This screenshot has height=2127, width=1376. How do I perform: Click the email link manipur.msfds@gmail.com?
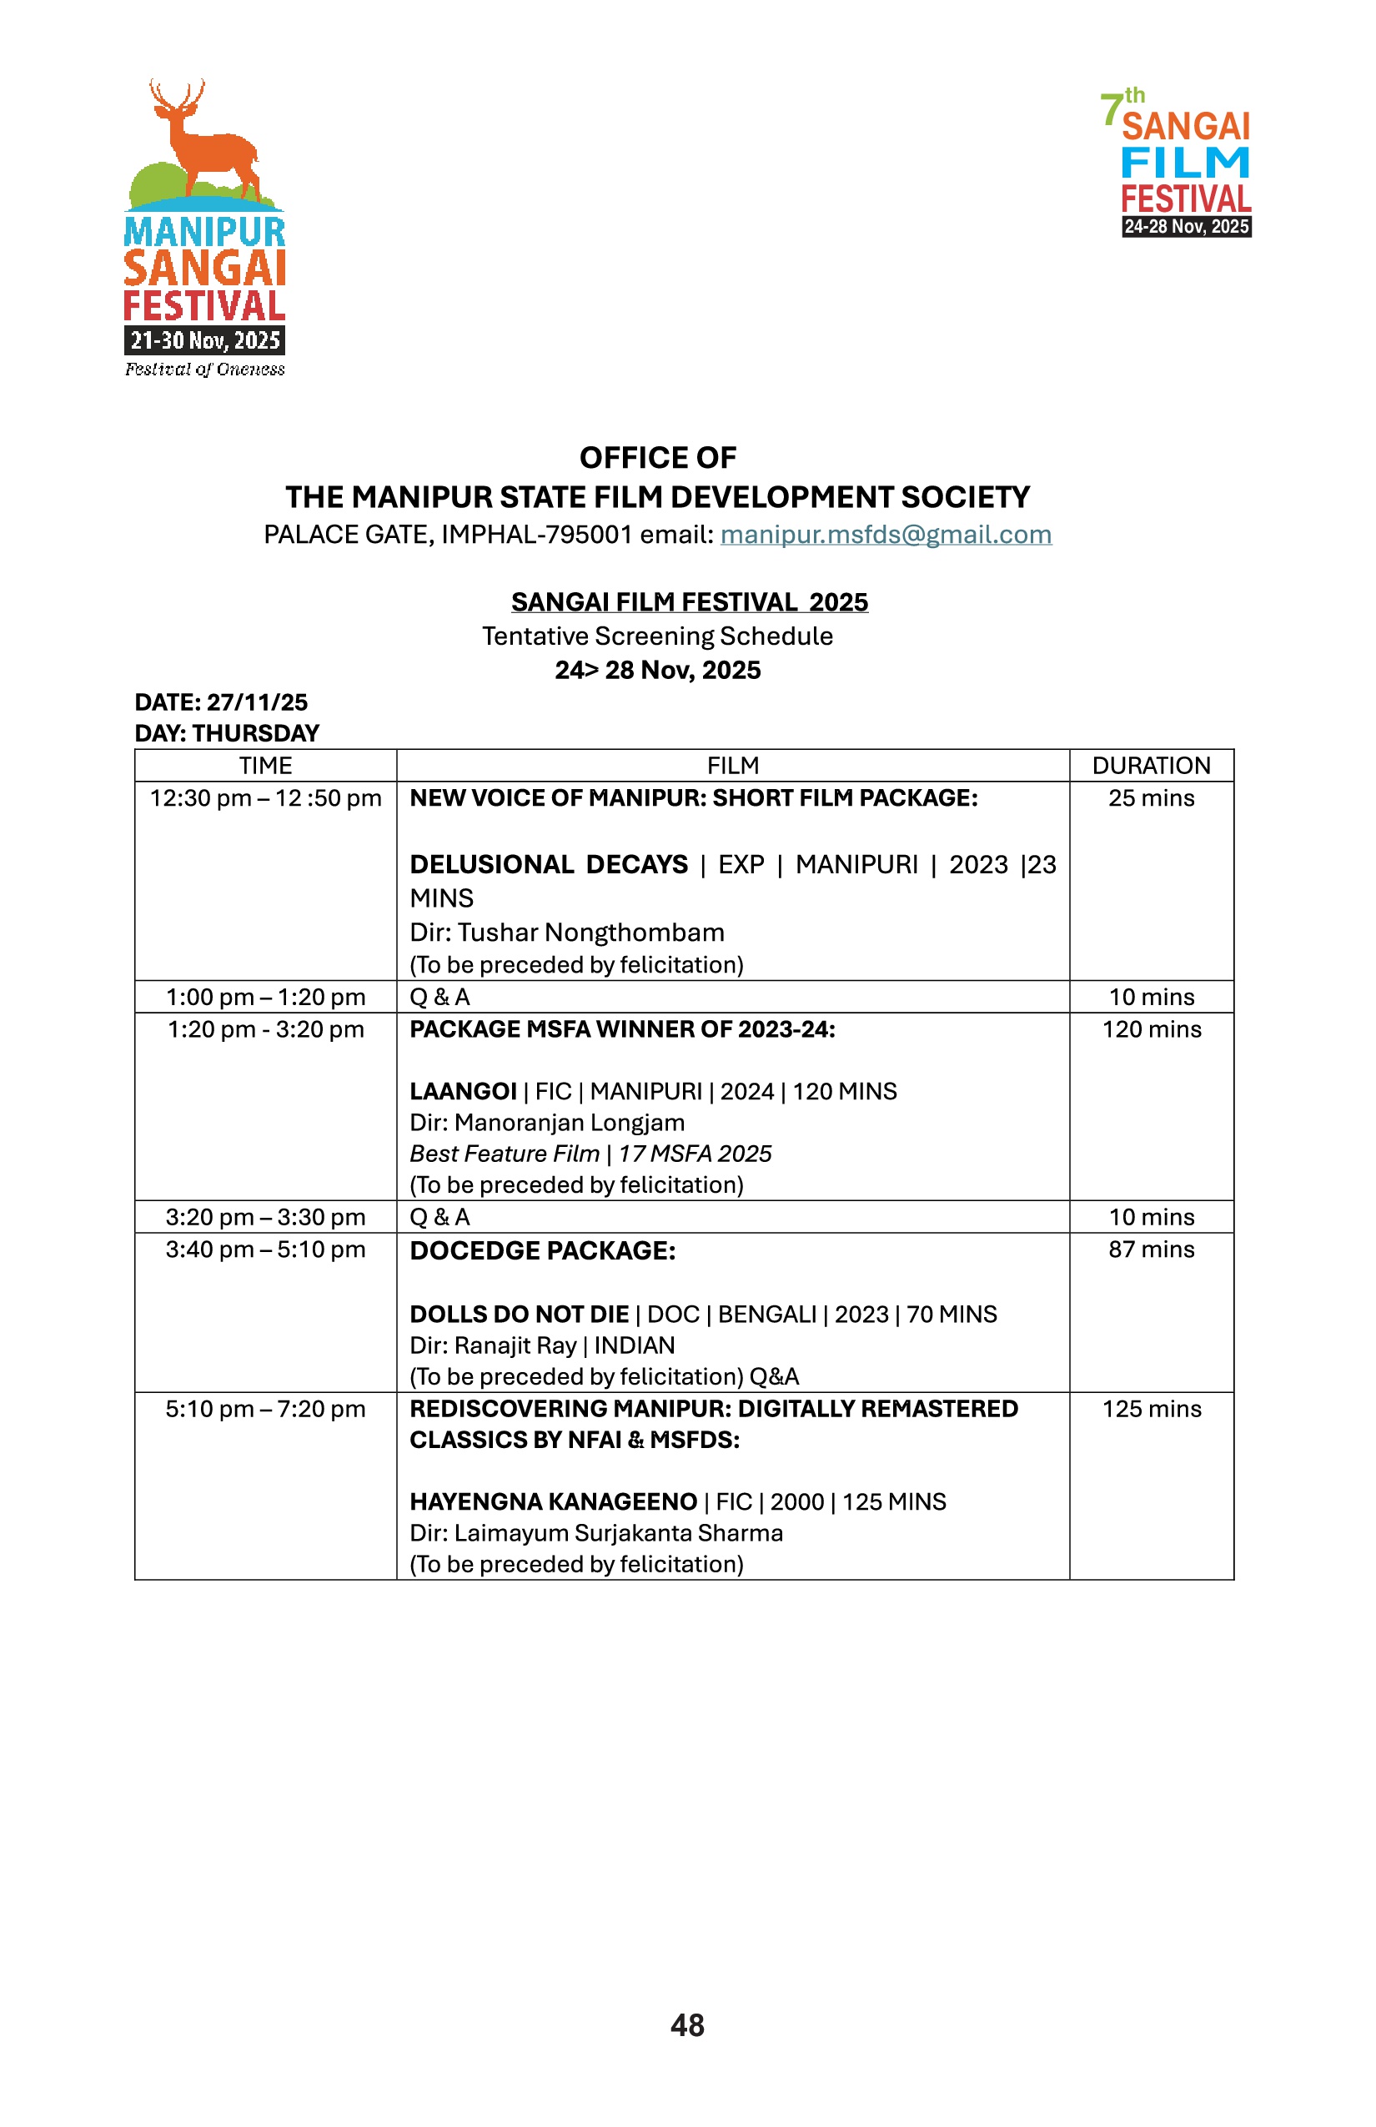[886, 535]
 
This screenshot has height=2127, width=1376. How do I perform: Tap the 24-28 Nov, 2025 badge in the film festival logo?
[1186, 227]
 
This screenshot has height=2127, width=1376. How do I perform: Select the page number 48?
[687, 2025]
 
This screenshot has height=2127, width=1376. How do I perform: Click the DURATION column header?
[1151, 766]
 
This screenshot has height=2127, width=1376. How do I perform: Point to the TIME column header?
[265, 766]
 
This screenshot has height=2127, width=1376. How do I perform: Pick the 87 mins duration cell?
[1151, 1250]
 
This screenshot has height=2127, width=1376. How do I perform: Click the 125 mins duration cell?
[1151, 1410]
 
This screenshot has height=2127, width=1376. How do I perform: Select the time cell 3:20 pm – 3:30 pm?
[265, 1217]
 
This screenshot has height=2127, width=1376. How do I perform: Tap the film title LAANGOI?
[463, 1091]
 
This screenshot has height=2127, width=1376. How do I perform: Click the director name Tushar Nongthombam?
[590, 933]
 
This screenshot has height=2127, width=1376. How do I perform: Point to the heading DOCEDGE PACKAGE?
[542, 1251]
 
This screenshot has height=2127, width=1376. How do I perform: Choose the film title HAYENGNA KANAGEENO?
[553, 1501]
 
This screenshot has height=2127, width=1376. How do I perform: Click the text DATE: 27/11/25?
[221, 702]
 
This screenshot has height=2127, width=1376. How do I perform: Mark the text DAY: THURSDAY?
[226, 734]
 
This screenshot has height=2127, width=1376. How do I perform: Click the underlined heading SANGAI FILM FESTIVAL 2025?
[689, 602]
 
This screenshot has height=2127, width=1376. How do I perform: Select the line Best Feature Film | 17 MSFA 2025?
[590, 1154]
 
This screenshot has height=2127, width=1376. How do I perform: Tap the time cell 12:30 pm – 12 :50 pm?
[265, 798]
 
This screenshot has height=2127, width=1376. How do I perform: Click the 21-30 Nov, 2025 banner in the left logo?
[204, 340]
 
